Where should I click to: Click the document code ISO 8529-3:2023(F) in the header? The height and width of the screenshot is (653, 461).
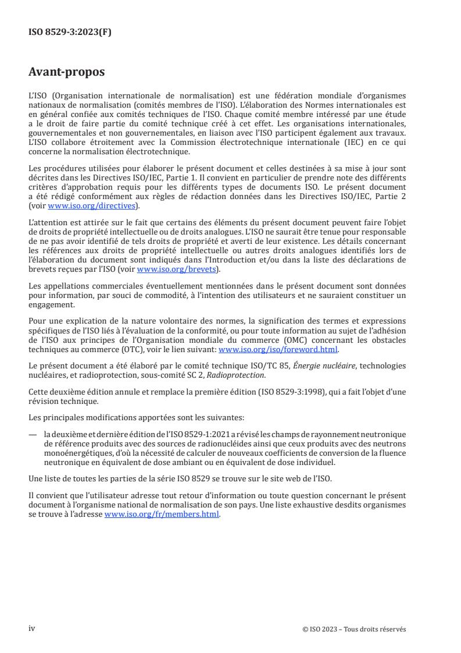(x=70, y=32)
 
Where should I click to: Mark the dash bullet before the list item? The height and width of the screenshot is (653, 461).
(x=34, y=434)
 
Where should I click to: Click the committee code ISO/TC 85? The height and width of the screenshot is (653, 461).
(x=249, y=365)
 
